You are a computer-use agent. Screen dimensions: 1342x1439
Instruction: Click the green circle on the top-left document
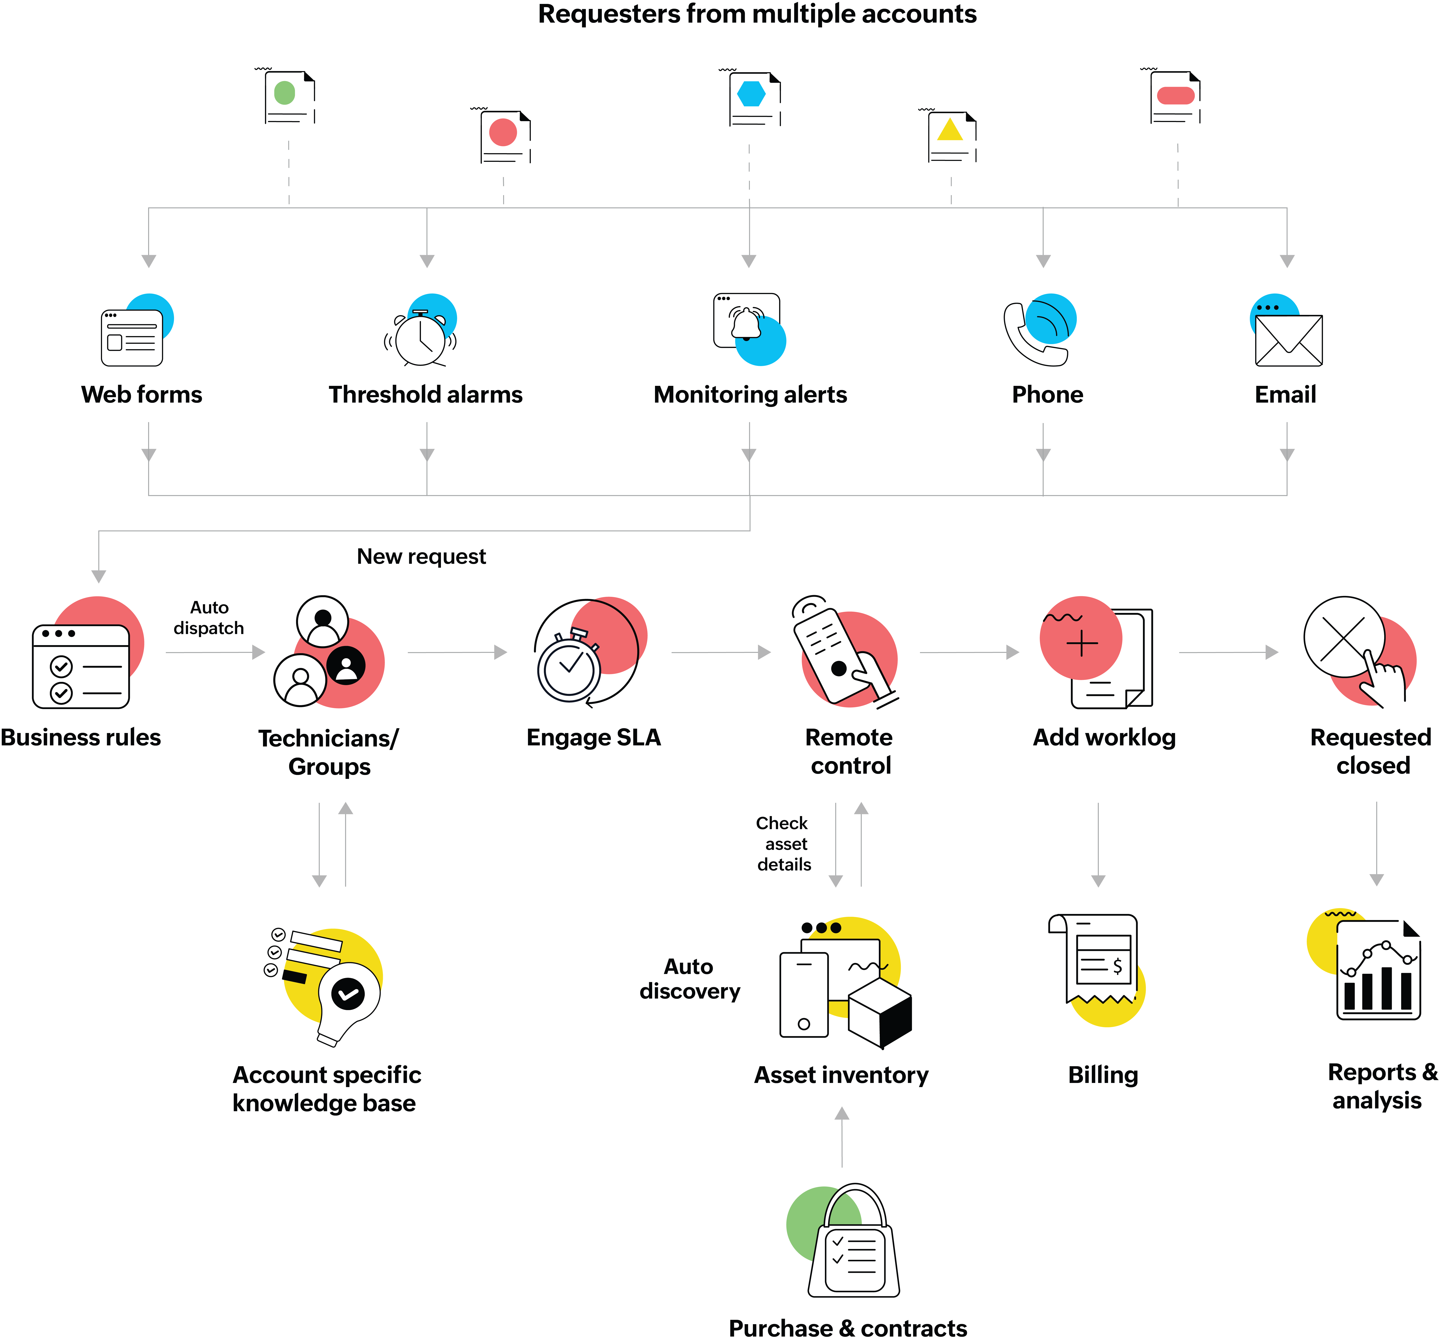[x=285, y=93]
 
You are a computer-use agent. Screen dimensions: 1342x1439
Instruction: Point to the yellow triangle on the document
[x=950, y=130]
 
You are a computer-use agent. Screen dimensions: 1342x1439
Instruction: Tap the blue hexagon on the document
[x=751, y=93]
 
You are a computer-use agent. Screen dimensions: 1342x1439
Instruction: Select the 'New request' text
[x=421, y=556]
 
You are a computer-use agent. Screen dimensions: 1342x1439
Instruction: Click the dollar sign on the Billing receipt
[x=1117, y=966]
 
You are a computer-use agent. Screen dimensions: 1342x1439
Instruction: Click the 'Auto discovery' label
[x=689, y=979]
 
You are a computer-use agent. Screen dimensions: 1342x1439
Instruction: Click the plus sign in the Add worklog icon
[x=1081, y=643]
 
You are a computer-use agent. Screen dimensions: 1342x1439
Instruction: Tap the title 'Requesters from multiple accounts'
[x=757, y=15]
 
